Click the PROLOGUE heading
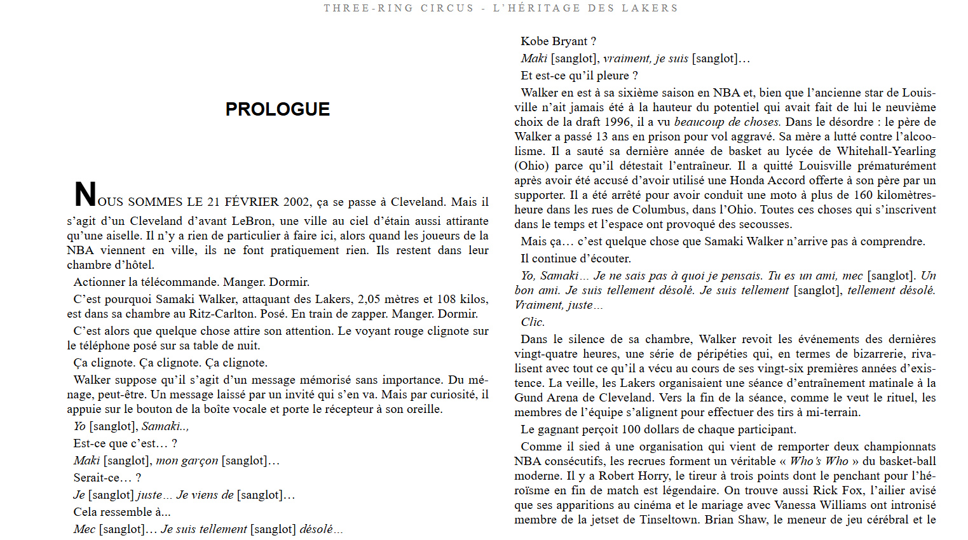point(277,109)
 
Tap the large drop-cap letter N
point(85,194)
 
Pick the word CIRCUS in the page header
point(447,8)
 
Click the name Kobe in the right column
point(535,41)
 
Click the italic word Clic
point(533,322)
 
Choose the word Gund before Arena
point(528,398)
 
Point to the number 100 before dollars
point(631,429)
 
